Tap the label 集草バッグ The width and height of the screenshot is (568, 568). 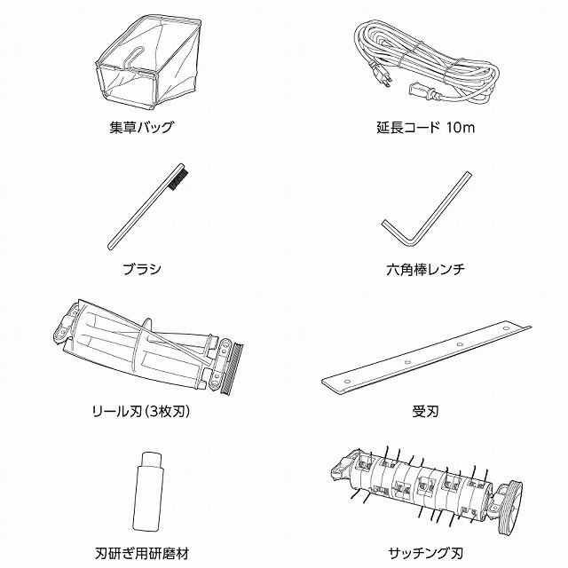pos(142,127)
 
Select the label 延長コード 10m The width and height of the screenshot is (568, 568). pos(425,127)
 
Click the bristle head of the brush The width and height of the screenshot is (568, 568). pos(178,177)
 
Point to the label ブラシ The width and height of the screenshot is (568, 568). pos(142,269)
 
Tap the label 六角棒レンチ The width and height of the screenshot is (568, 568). pos(425,269)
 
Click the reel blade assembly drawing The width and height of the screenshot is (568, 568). pos(148,348)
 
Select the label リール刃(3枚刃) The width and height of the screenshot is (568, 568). pos(142,411)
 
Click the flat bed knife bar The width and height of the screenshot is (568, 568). pos(426,357)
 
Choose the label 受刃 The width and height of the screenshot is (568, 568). pos(425,411)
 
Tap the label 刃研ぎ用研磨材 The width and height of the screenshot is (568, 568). pos(142,553)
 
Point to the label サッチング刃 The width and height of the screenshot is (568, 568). pos(425,553)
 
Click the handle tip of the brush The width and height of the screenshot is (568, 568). pos(111,246)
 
